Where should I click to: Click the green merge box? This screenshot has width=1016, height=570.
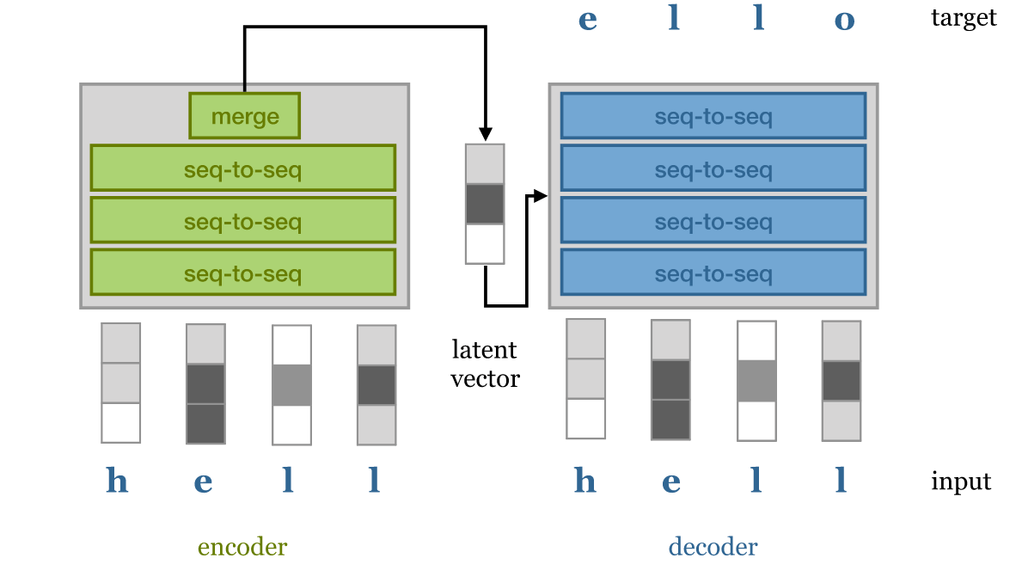click(245, 116)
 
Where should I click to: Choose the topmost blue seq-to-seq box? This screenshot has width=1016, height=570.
click(713, 116)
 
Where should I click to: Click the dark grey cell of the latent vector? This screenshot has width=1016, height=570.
click(485, 204)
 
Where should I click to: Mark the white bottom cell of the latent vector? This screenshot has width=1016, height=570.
click(485, 244)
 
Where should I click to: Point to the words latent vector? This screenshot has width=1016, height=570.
click(485, 364)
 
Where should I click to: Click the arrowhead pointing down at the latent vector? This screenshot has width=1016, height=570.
click(485, 134)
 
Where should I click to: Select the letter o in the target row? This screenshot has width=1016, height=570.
click(844, 20)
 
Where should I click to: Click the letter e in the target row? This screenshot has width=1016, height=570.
click(587, 20)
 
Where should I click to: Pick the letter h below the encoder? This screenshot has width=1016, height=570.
click(117, 481)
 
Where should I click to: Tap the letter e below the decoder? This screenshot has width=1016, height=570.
click(671, 481)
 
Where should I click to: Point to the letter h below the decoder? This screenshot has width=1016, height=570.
click(585, 481)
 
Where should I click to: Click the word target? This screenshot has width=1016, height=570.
click(964, 17)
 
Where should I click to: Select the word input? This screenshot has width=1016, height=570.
click(961, 481)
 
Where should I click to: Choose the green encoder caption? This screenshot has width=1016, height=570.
click(242, 547)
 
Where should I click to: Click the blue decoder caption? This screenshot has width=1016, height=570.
click(713, 547)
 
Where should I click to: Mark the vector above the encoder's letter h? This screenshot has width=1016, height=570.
click(120, 383)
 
